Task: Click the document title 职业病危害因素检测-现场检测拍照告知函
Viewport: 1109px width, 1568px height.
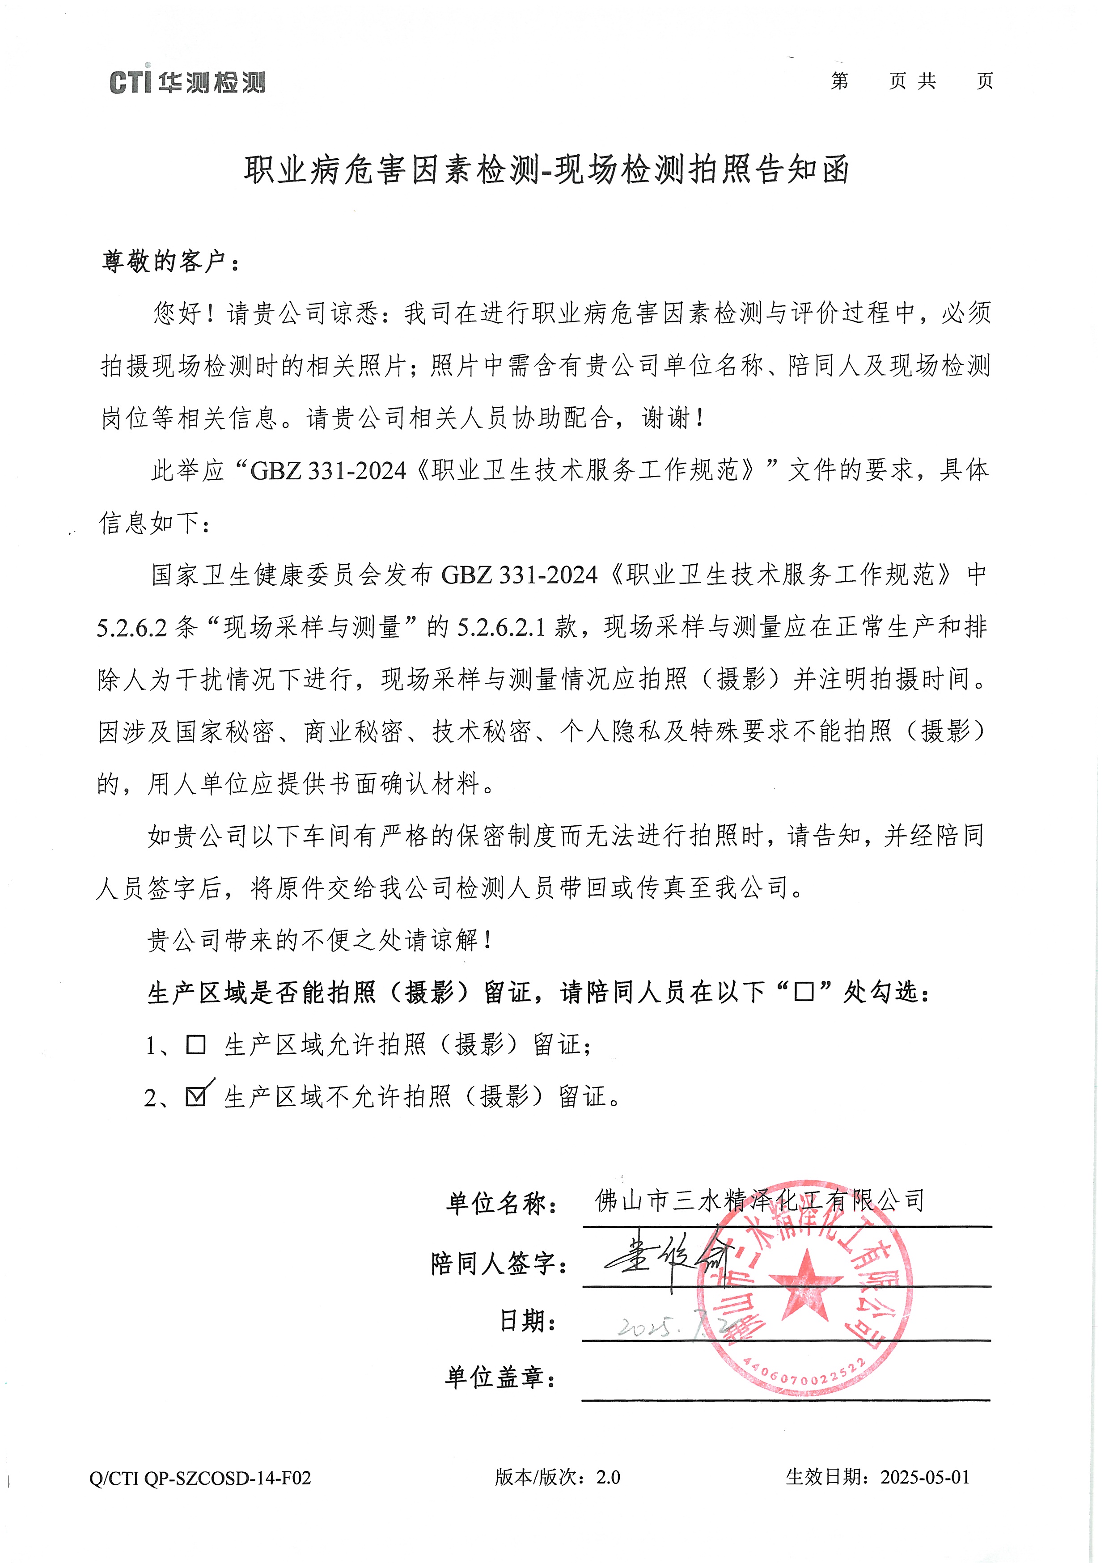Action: (546, 169)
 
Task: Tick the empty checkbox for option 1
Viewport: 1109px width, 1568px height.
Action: (196, 1045)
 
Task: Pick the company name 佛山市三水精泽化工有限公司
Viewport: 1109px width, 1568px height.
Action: (759, 1200)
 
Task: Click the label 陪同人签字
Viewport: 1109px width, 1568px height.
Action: (499, 1264)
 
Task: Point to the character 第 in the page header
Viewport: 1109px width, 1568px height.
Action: (840, 82)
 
